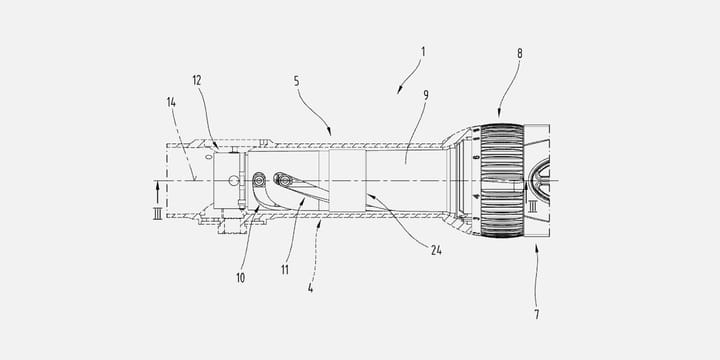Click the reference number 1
click(424, 50)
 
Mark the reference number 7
click(536, 315)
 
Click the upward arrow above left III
click(156, 185)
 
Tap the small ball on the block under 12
click(233, 181)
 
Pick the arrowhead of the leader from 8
click(499, 117)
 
